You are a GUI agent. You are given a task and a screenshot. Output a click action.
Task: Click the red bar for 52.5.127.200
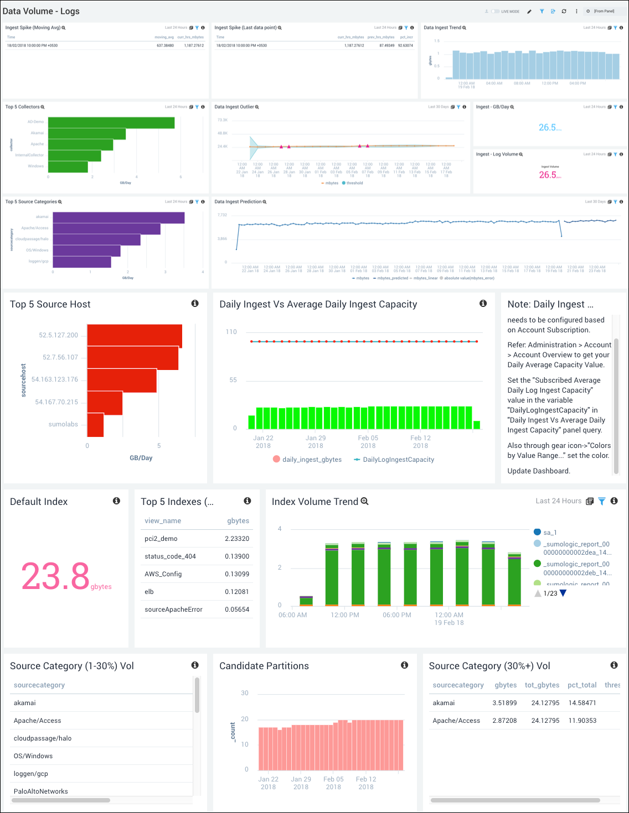[135, 335]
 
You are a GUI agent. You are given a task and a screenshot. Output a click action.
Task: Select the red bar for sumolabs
[95, 424]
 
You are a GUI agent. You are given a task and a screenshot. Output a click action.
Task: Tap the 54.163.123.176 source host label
[55, 379]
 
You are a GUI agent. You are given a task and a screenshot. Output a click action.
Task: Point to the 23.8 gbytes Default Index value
[56, 576]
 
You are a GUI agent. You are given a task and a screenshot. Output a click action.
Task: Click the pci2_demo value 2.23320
[237, 539]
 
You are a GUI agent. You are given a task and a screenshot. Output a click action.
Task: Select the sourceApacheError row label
[173, 609]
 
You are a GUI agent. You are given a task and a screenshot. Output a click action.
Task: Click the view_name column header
[163, 521]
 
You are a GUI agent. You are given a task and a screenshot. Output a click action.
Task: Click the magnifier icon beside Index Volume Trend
[364, 501]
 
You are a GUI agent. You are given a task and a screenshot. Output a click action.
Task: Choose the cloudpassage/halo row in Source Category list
[43, 738]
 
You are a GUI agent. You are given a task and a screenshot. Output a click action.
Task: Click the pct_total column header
[582, 685]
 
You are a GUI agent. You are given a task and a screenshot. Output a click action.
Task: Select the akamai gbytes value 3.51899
[504, 703]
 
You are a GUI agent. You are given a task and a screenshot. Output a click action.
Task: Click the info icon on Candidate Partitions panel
[405, 665]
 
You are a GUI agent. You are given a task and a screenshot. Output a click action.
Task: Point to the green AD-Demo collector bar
[111, 122]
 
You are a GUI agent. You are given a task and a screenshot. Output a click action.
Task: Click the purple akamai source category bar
[118, 218]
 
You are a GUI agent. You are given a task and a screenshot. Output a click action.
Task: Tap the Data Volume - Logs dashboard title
[41, 11]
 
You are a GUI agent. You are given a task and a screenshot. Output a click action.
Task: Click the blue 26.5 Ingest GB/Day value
[548, 128]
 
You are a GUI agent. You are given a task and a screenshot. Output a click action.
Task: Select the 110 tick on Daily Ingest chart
[231, 332]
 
